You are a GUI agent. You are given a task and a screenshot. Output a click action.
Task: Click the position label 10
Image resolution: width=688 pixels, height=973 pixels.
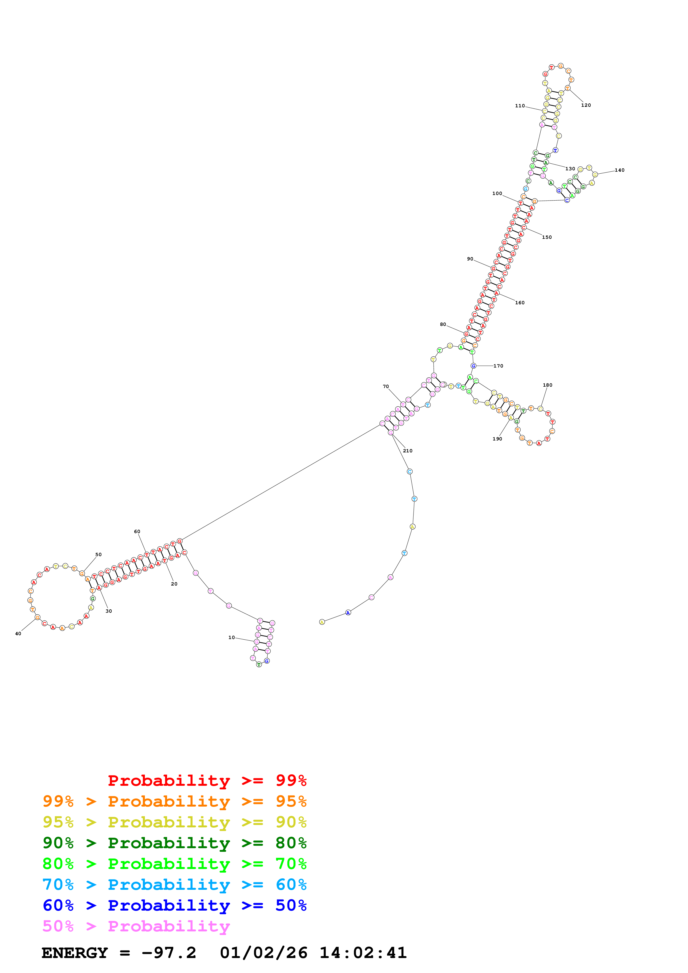coord(231,637)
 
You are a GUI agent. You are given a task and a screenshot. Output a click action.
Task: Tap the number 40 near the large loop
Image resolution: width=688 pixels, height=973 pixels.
coord(18,634)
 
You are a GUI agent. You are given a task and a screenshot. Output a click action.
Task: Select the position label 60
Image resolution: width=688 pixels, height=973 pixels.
coord(137,531)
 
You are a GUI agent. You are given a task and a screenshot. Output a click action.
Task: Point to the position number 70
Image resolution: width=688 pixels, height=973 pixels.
coord(386,386)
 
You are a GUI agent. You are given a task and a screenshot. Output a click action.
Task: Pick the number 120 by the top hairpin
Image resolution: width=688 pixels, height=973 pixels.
coord(586,105)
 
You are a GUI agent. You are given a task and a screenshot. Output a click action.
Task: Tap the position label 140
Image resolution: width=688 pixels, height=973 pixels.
coord(619,170)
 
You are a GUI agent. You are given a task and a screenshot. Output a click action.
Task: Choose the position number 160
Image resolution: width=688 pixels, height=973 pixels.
coord(520,303)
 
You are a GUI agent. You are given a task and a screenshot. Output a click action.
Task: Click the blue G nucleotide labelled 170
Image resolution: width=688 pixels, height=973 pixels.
coord(473,366)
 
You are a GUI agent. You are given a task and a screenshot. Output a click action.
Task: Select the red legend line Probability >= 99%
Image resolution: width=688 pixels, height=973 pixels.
coord(207,780)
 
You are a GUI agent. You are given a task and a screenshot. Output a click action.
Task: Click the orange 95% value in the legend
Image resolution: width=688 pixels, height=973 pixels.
coord(291,801)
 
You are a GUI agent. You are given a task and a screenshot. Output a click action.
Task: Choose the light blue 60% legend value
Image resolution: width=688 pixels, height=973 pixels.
coord(291,885)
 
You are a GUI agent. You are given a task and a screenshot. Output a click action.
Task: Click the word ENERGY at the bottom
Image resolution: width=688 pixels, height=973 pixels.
coord(75,953)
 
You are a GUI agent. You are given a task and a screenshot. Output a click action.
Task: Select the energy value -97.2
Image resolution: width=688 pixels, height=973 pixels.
coord(169,953)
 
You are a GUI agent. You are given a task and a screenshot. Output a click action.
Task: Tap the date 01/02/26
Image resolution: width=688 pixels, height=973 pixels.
coord(264,953)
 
